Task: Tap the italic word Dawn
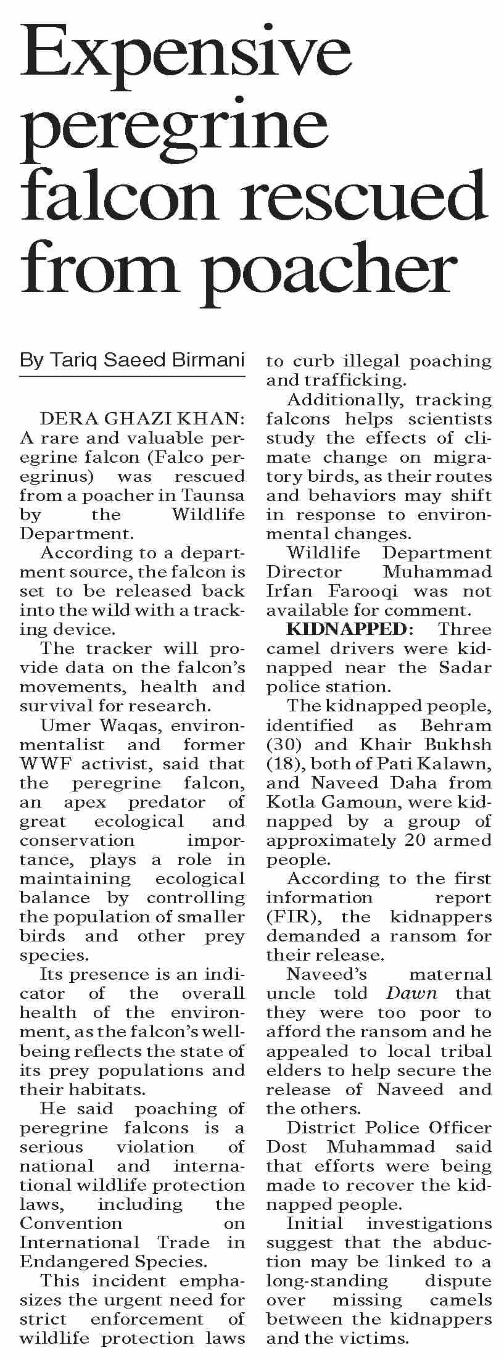click(411, 993)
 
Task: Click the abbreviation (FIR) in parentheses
click(289, 917)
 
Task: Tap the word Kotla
click(292, 802)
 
